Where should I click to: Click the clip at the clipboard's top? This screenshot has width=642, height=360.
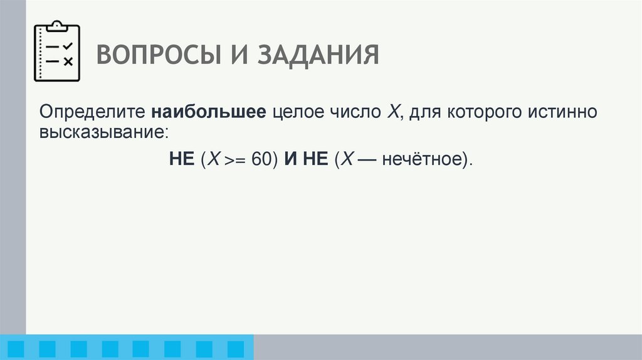coord(56,26)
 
